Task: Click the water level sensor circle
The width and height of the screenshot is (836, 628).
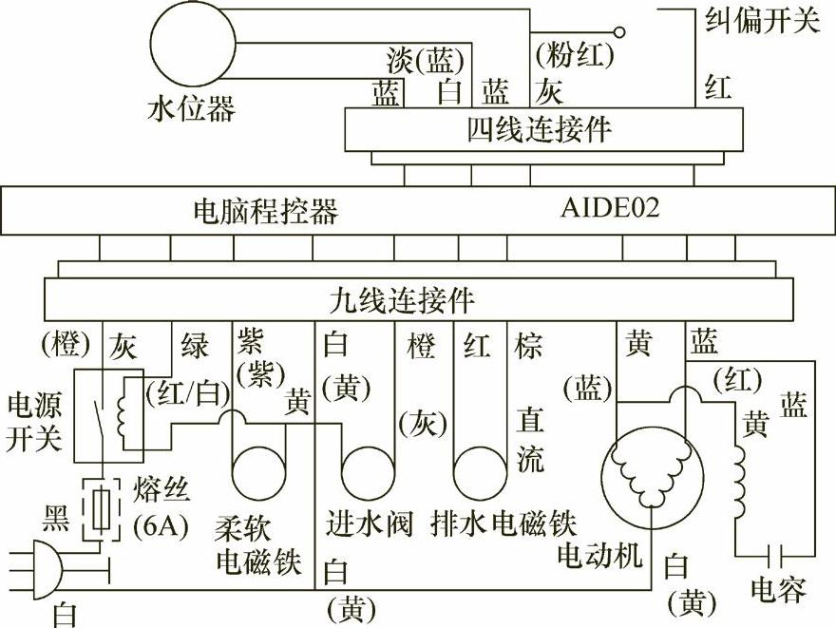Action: tap(194, 42)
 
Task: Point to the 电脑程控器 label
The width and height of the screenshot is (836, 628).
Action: tap(265, 210)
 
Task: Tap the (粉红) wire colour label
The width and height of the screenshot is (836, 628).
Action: tap(574, 56)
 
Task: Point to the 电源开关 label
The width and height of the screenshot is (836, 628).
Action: tap(33, 422)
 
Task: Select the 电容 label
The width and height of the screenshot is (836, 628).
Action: tap(778, 590)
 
